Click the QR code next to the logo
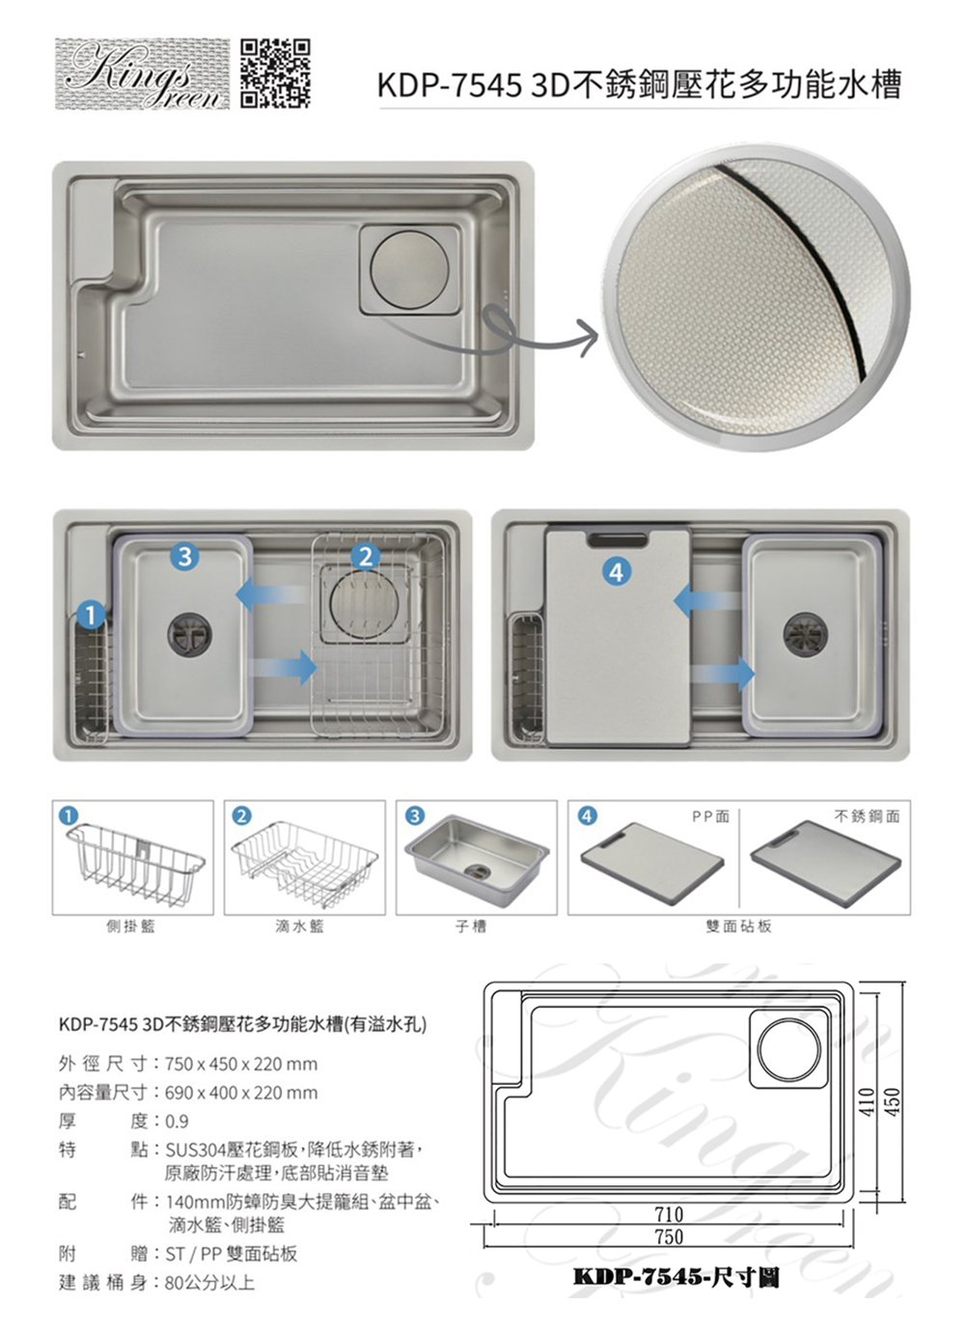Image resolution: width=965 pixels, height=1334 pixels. [x=276, y=74]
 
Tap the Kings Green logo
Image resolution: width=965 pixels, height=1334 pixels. [x=142, y=74]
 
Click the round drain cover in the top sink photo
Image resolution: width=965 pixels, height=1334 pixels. [x=409, y=269]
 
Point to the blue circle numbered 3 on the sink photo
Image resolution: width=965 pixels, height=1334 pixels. [x=184, y=556]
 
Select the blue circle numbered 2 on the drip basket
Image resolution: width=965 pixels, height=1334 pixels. [x=366, y=556]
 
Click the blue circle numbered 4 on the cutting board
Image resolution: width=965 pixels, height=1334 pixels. [x=617, y=572]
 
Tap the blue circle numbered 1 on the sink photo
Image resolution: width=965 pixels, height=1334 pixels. [x=91, y=615]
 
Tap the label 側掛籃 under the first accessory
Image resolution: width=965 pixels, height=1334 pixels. [x=131, y=926]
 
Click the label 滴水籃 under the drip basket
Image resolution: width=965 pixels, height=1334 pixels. [x=300, y=926]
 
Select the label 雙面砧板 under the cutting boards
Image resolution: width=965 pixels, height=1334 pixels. [x=739, y=926]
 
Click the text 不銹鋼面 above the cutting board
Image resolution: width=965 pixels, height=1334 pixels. [x=868, y=817]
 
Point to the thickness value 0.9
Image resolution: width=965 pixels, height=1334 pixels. [x=177, y=1122]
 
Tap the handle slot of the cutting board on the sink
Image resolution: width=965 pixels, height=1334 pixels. [x=617, y=541]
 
